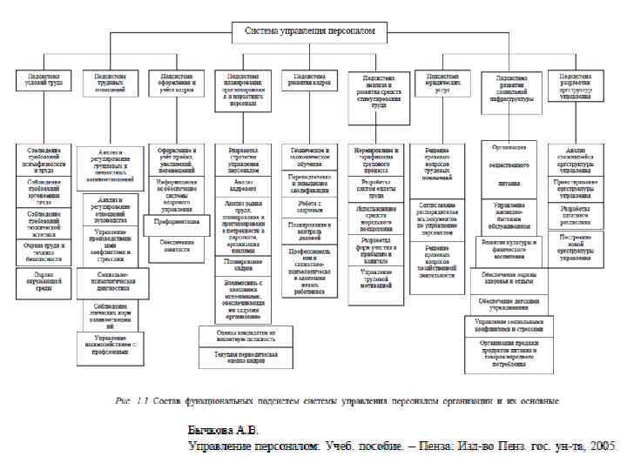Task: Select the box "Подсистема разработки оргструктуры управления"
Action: (x=576, y=84)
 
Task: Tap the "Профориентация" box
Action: (x=177, y=221)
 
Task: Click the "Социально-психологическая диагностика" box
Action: (x=110, y=284)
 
